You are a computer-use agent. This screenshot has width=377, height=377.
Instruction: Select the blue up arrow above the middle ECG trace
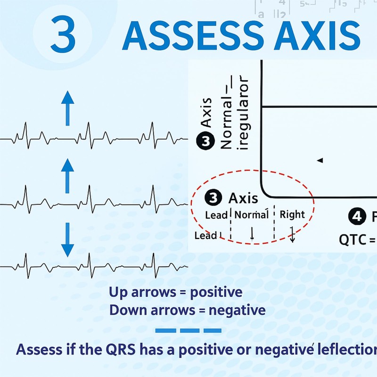point(69,174)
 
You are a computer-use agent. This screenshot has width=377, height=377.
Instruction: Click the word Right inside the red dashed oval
point(292,214)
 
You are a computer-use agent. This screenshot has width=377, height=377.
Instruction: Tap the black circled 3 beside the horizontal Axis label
point(214,198)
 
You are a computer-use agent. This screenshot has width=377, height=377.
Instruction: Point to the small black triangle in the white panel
point(320,161)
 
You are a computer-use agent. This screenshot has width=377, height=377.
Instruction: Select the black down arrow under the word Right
point(292,234)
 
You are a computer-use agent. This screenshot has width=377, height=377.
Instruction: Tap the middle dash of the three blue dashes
point(188,330)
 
